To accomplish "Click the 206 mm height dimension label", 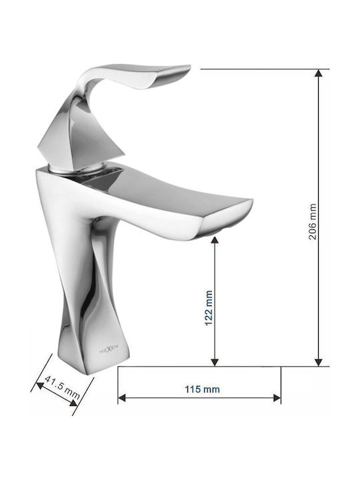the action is point(312,221).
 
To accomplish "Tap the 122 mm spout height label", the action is point(209,308).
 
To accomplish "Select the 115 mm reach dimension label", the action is point(202,389).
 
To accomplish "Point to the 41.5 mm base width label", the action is point(62,387).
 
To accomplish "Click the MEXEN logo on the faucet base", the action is point(109,349).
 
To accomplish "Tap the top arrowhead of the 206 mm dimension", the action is point(319,73).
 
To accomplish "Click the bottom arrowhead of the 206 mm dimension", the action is point(319,363).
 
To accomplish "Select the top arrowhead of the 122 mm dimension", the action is point(215,240).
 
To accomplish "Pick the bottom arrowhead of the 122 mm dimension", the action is point(215,363).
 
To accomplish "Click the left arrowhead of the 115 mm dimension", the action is point(122,398).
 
